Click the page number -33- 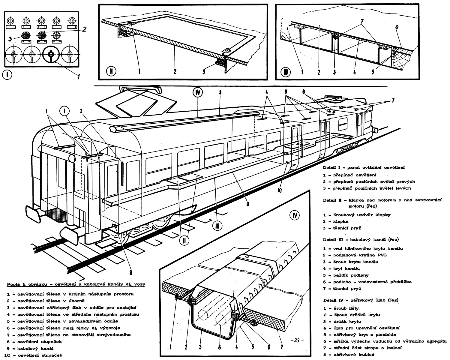[x=297, y=340]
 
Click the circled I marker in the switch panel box [x=7, y=75]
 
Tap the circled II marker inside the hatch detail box [x=110, y=72]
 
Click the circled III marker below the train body [x=217, y=226]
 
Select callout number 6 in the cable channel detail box [x=397, y=27]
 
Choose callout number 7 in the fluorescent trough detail [x=281, y=347]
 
